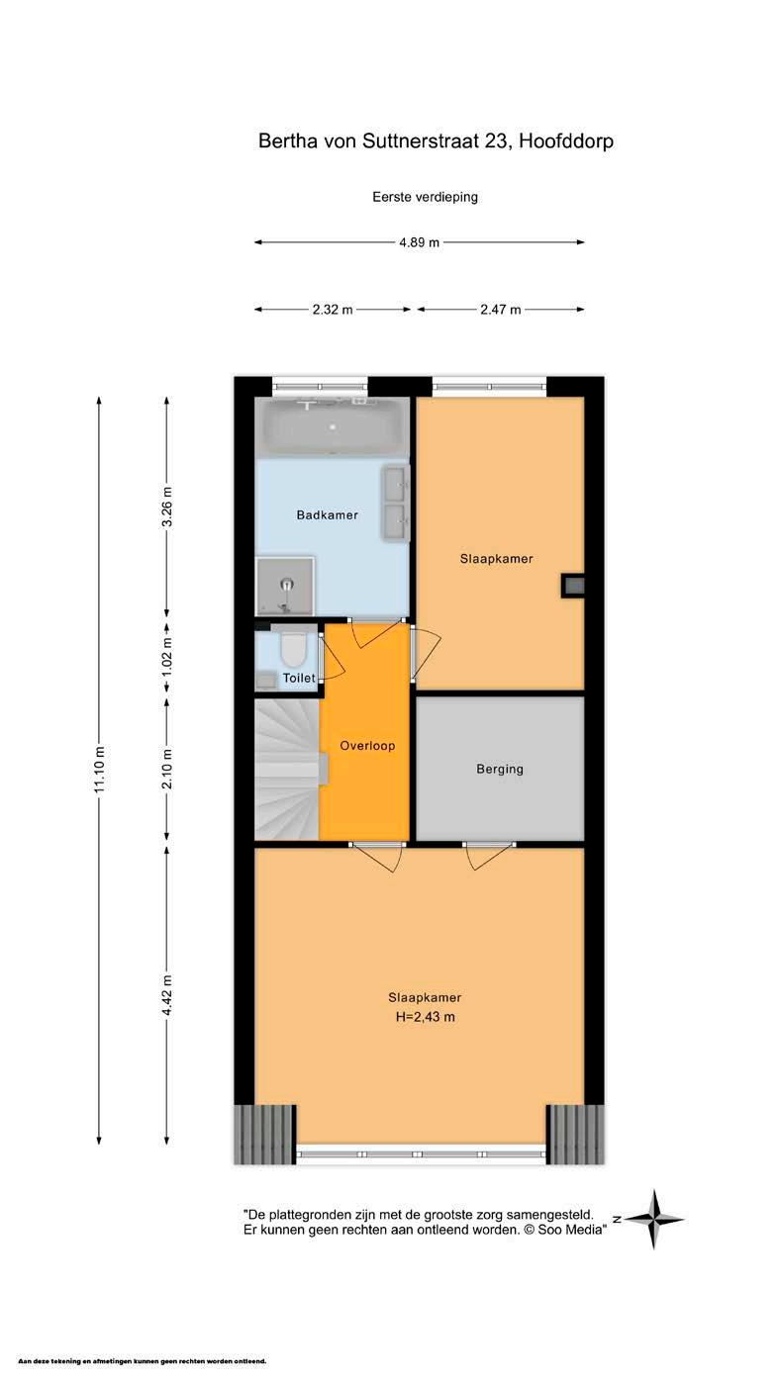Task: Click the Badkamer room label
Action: click(327, 515)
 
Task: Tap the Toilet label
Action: click(299, 678)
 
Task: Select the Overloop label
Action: click(367, 746)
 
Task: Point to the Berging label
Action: click(499, 770)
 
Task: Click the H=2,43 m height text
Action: click(425, 1017)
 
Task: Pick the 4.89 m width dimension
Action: click(419, 242)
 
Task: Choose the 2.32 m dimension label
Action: click(333, 310)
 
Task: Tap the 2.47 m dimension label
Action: click(501, 310)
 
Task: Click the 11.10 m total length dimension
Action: click(99, 769)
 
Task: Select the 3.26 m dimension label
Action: click(167, 507)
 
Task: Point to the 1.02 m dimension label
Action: click(167, 656)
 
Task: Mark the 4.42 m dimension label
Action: click(167, 994)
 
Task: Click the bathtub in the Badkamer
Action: click(333, 426)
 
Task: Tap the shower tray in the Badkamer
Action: click(285, 587)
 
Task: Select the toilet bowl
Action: click(293, 646)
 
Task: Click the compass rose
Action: click(653, 1219)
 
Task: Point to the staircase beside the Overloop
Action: click(287, 769)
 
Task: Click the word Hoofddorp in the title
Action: click(566, 141)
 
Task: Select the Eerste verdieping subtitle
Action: click(425, 197)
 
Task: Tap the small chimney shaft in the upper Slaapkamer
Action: click(573, 586)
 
